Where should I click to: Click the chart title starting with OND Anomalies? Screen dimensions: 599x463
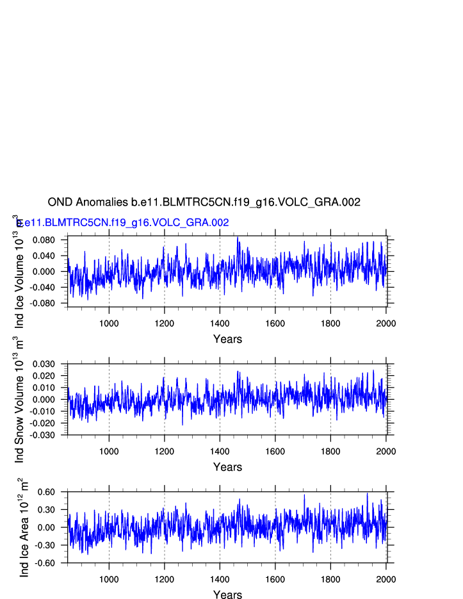click(204, 202)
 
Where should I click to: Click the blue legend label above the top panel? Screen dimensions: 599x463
click(123, 223)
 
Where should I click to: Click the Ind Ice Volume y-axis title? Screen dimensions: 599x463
click(19, 272)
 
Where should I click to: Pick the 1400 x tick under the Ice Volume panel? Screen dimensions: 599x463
click(220, 323)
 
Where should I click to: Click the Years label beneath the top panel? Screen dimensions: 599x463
click(227, 339)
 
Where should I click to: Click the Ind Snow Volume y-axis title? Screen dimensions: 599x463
click(19, 400)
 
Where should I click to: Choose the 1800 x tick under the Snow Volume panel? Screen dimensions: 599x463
click(330, 451)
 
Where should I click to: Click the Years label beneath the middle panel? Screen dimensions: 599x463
click(227, 467)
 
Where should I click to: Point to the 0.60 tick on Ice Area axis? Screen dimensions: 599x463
click(53, 492)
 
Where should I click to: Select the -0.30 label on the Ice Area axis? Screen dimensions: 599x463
click(52, 545)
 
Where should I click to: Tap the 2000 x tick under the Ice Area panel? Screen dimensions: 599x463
click(386, 579)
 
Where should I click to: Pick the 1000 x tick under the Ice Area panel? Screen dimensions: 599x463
click(109, 579)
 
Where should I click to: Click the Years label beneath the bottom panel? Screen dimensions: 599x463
click(227, 595)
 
